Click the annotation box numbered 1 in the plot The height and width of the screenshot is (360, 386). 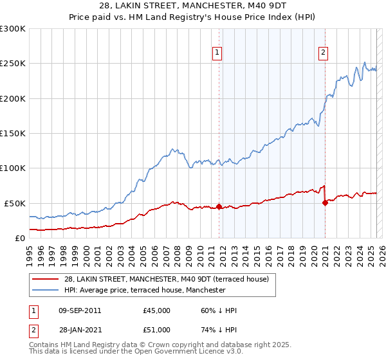[x=217, y=53]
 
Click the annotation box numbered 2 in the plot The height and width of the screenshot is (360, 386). [x=323, y=53]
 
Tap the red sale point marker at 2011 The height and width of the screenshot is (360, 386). [x=219, y=206]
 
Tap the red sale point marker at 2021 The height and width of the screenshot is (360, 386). [x=325, y=203]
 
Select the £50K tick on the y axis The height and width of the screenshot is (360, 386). [x=15, y=203]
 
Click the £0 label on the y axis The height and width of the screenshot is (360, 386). [x=21, y=238]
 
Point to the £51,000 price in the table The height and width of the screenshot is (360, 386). [x=156, y=330]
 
